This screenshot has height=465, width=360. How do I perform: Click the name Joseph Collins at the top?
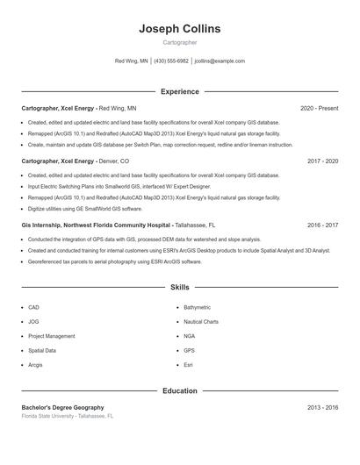click(x=180, y=29)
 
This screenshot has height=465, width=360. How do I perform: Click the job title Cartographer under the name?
click(x=180, y=42)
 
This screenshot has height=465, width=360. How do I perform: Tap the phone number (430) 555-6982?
click(x=171, y=61)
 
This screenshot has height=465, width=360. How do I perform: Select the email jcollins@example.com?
click(x=220, y=61)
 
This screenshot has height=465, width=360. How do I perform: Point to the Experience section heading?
click(x=179, y=91)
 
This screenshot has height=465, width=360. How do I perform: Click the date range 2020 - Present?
click(x=319, y=108)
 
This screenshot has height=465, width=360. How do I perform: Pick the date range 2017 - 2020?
click(x=322, y=161)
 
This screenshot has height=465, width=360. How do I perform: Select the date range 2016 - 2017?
click(x=322, y=225)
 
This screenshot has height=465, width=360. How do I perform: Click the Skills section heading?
click(x=179, y=287)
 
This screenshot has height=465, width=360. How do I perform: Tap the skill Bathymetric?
click(x=197, y=308)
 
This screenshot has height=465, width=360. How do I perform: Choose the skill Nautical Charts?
click(x=201, y=322)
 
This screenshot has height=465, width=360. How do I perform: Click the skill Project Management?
click(x=51, y=336)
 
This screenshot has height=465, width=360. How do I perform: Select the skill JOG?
click(x=33, y=322)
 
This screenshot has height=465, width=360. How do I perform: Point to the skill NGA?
click(x=190, y=336)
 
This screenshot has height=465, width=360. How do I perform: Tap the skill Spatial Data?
click(x=42, y=350)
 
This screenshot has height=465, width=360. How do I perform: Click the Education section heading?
click(x=179, y=390)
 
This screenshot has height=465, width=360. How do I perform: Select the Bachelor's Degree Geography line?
click(x=62, y=407)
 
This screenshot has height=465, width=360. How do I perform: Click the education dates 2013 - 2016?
click(x=322, y=407)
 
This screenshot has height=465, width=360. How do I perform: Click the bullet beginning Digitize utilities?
click(x=84, y=209)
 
